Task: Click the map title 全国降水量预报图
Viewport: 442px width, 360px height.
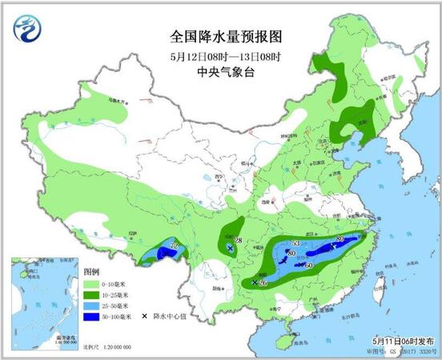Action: click(220, 36)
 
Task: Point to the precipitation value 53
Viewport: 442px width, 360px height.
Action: click(295, 243)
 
